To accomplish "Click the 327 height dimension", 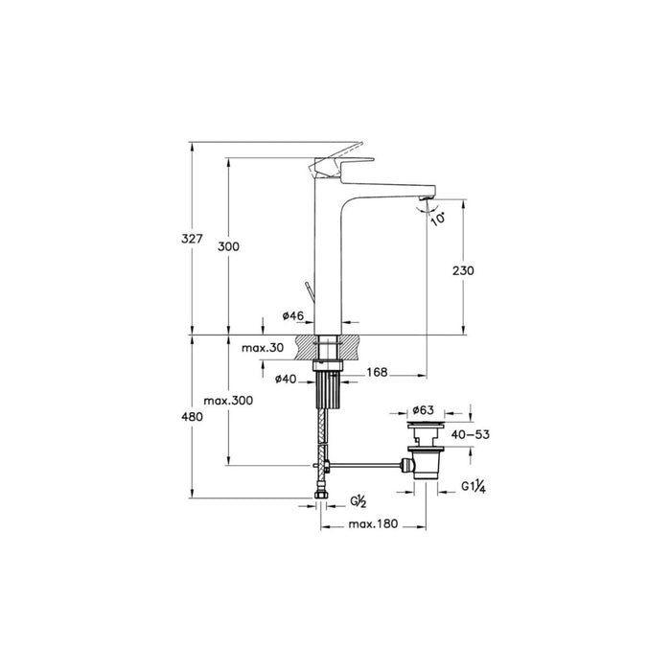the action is pyautogui.click(x=192, y=239).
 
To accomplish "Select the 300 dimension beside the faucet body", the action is pyautogui.click(x=228, y=247).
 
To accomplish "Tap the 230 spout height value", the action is pyautogui.click(x=463, y=271).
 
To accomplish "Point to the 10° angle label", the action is pyautogui.click(x=438, y=220).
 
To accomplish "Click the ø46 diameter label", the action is pyautogui.click(x=292, y=315).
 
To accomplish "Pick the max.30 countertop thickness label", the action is pyautogui.click(x=263, y=348).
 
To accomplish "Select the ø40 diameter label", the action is pyautogui.click(x=286, y=379).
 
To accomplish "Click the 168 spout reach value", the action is pyautogui.click(x=377, y=373).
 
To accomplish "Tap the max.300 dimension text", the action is pyautogui.click(x=228, y=401).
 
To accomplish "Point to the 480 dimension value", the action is pyautogui.click(x=192, y=416).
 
